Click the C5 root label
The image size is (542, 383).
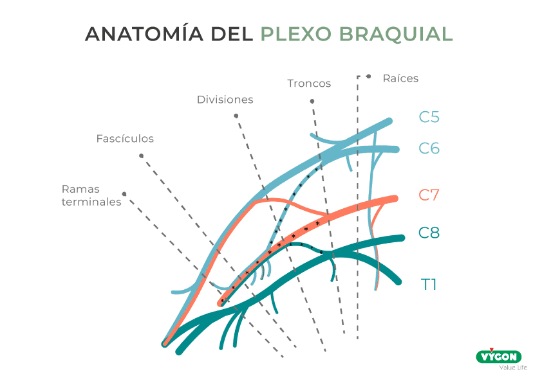coord(429,117)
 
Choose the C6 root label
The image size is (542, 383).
coord(429,148)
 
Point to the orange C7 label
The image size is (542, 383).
coord(429,195)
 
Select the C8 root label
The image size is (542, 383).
coord(429,233)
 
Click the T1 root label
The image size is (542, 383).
coord(429,283)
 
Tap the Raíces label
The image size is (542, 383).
coord(400,78)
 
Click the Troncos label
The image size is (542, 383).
coord(309,84)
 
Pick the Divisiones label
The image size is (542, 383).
coord(225,100)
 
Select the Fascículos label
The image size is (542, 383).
coord(125,138)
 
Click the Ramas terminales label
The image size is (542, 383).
coord(91,195)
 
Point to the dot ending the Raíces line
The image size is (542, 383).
coord(368,76)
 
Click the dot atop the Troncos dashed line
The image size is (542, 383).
coord(312,101)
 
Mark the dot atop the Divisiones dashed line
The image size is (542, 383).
coord(236,116)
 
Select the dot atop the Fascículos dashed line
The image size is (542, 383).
coord(141,156)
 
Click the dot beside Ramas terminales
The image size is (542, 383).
coord(124,193)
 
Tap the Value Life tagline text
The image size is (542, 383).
coord(513,368)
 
